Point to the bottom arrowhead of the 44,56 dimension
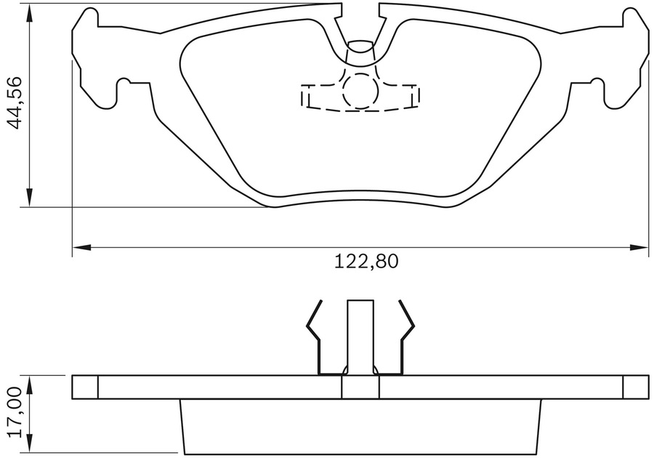tap(29, 198)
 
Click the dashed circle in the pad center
tap(360, 91)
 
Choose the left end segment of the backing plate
tap(85, 387)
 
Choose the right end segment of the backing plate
tap(635, 387)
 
